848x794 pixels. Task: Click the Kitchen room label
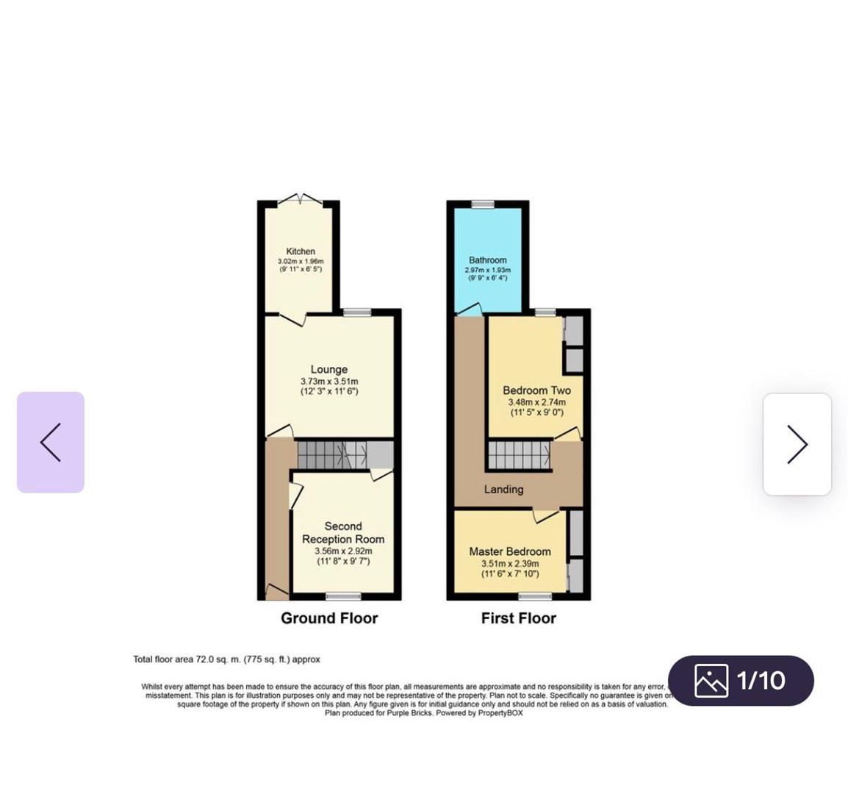click(301, 251)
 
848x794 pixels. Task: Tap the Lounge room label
click(329, 370)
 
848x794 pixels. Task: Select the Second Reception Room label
click(343, 532)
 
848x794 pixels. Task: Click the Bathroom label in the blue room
click(488, 260)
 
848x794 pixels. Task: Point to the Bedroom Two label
click(536, 390)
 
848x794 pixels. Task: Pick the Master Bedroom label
click(510, 551)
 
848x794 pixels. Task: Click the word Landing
click(504, 489)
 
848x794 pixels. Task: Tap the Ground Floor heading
click(329, 618)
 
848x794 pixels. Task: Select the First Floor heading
click(519, 618)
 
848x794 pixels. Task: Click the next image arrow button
click(797, 444)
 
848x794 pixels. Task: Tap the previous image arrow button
click(51, 443)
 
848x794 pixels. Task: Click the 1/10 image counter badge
click(741, 680)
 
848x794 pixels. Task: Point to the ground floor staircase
click(332, 454)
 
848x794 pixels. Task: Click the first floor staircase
click(519, 454)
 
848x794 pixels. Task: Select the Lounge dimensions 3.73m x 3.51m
click(329, 382)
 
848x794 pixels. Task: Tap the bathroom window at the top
click(483, 204)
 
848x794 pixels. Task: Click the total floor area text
click(226, 659)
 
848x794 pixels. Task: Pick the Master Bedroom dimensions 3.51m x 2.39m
click(510, 564)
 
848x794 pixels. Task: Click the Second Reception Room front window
click(344, 595)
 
